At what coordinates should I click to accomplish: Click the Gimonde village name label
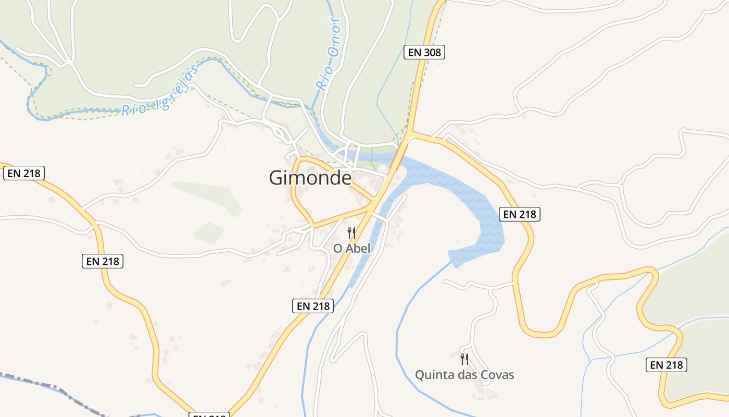[310, 178]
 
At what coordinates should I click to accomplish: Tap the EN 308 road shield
[424, 52]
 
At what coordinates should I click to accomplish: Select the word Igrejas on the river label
[177, 89]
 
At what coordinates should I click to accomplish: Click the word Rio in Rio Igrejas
[132, 109]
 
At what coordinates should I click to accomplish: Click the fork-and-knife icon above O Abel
[352, 233]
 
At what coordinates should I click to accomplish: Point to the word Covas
[497, 375]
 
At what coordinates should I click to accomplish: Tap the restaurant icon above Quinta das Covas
[464, 359]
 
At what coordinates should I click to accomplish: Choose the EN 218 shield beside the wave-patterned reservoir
[519, 214]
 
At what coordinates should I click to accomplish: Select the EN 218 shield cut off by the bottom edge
[209, 415]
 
